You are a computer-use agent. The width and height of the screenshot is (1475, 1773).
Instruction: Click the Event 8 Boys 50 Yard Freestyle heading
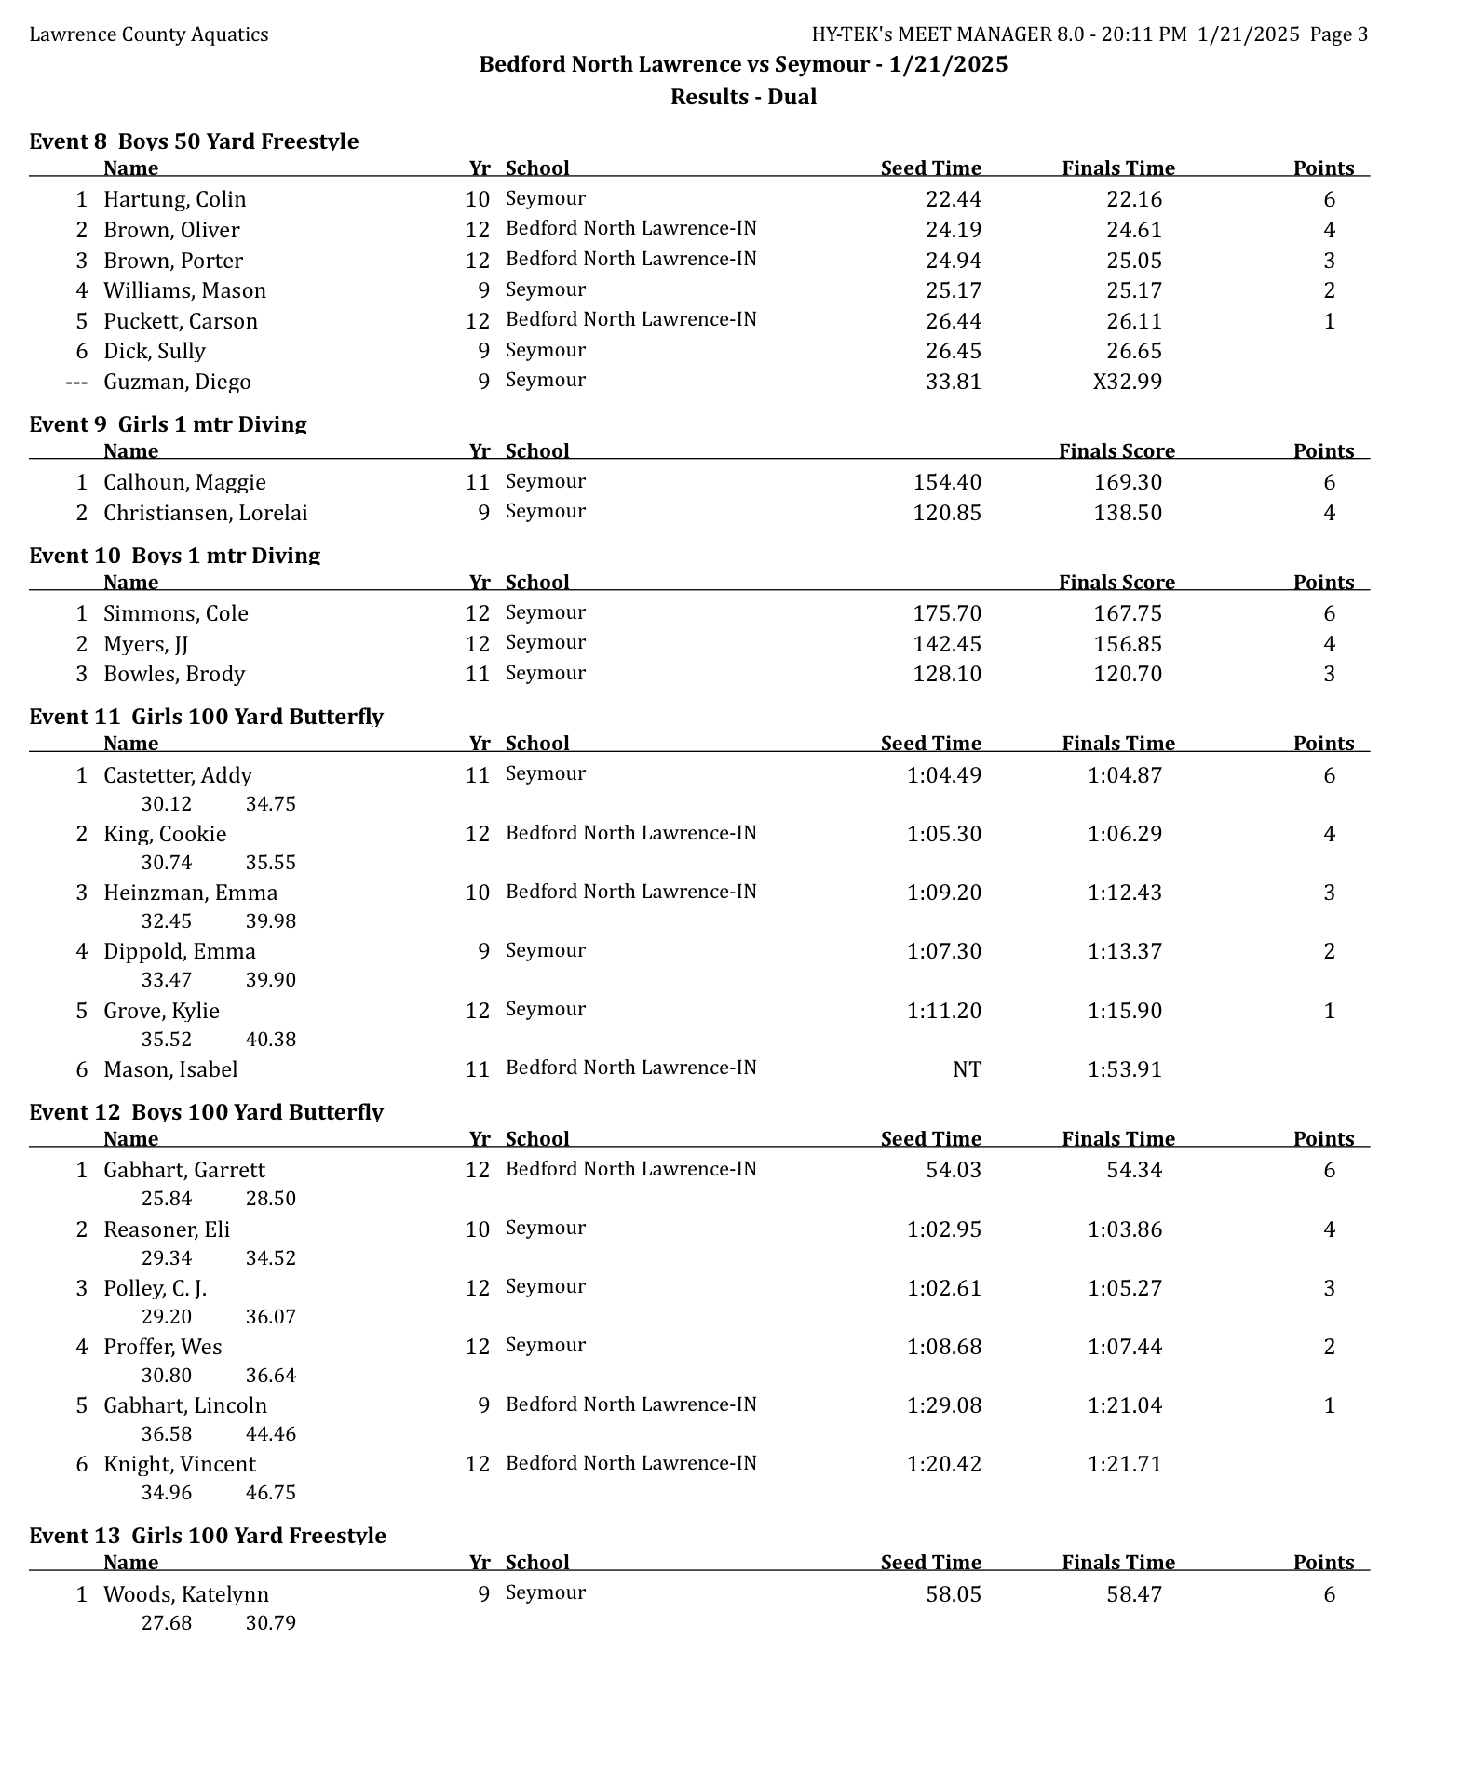[x=194, y=141]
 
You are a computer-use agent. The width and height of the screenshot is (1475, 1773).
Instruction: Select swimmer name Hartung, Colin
[x=175, y=199]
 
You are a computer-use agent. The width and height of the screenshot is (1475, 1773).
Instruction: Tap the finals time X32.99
[x=1127, y=382]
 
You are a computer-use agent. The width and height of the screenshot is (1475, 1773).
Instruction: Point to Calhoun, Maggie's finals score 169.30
[x=1127, y=482]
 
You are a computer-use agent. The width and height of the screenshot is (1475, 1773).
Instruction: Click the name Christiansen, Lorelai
[x=205, y=513]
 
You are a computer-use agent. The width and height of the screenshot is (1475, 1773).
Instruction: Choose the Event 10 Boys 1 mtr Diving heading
[x=175, y=556]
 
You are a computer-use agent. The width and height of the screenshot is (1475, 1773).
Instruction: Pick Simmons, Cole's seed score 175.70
[x=946, y=613]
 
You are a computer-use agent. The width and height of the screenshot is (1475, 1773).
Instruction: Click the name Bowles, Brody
[x=174, y=674]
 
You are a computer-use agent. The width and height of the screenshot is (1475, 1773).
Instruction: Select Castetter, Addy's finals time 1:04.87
[x=1124, y=775]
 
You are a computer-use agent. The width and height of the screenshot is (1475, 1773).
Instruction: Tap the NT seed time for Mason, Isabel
[x=967, y=1069]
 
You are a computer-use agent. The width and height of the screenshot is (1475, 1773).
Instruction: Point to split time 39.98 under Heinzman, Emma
[x=270, y=921]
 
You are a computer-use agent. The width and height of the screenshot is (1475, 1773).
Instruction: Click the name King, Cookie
[x=165, y=834]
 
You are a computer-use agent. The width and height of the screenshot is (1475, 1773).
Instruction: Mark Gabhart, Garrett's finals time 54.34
[x=1133, y=1170]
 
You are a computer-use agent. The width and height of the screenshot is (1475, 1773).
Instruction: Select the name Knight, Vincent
[x=180, y=1464]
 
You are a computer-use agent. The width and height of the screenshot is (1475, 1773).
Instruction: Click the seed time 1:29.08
[x=943, y=1405]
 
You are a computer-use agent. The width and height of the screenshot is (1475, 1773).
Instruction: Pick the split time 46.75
[x=270, y=1493]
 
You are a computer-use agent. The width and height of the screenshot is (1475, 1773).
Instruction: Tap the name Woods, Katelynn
[x=186, y=1594]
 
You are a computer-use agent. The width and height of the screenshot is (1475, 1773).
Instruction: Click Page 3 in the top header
[x=1338, y=35]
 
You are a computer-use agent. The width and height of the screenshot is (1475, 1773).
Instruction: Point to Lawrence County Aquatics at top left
[x=149, y=35]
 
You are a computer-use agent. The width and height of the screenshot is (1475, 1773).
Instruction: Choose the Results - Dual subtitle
[x=743, y=97]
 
